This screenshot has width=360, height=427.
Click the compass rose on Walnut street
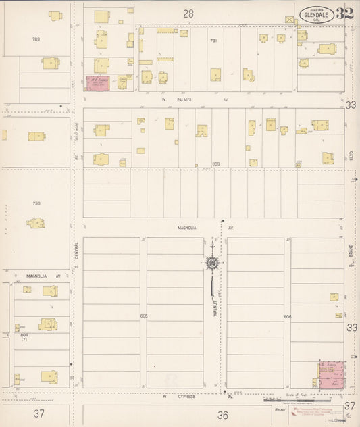tap(212, 263)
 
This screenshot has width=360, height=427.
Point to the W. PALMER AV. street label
tap(176, 100)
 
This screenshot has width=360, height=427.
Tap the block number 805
tap(143, 316)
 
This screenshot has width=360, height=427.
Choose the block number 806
tap(287, 316)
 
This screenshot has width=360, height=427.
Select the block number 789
tap(36, 39)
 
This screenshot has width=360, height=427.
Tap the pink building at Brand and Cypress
tap(331, 376)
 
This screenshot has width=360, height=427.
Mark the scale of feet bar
tap(304, 400)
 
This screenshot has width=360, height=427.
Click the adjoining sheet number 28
tap(188, 14)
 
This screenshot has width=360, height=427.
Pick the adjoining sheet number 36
tap(223, 414)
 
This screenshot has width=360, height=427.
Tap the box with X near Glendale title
tap(290, 20)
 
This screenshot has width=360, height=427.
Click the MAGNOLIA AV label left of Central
tap(44, 276)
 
